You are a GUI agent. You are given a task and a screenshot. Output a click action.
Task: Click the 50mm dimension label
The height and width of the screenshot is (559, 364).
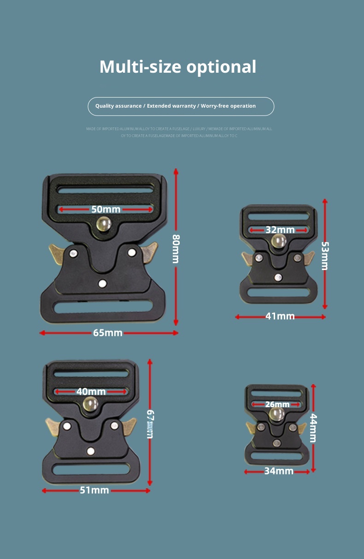[x=106, y=209]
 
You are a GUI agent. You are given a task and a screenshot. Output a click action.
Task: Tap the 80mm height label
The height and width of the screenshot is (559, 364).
[x=176, y=249]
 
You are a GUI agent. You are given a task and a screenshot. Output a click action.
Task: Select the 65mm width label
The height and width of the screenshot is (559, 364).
[x=108, y=333]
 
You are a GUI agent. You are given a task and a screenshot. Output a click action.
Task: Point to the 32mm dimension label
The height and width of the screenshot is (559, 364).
[x=280, y=230]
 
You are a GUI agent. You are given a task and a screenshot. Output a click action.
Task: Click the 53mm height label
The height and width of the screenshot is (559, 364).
[x=325, y=256]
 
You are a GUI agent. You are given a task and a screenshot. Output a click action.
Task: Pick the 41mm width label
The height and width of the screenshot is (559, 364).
[x=280, y=317]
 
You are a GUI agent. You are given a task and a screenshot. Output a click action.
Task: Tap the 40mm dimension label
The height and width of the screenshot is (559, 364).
[x=91, y=392]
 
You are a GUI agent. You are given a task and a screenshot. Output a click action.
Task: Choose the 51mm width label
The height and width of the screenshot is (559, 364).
[x=94, y=490]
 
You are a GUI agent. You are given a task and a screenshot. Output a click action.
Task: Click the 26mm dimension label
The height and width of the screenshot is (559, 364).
[x=277, y=404]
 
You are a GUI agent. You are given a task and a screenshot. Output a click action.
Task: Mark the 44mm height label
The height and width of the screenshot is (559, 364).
[x=313, y=428]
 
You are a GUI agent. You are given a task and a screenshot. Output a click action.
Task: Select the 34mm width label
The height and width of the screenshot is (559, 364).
[x=279, y=471]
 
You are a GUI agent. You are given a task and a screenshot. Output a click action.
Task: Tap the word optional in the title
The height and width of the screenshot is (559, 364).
[x=221, y=67]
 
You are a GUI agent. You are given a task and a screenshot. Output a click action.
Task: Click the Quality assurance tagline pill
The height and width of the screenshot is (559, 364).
[x=181, y=106]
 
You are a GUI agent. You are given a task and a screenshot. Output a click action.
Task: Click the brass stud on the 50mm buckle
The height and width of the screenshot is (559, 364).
[x=104, y=225]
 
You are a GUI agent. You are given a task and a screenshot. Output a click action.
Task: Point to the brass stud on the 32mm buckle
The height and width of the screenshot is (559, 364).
[x=279, y=241]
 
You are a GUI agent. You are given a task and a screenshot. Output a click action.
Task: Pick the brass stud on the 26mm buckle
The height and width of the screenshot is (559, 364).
[x=276, y=414]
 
